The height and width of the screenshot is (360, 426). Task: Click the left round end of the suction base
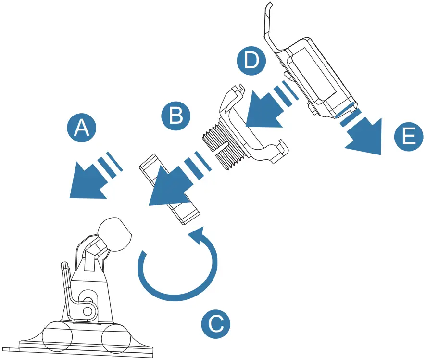click(x=57, y=340)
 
